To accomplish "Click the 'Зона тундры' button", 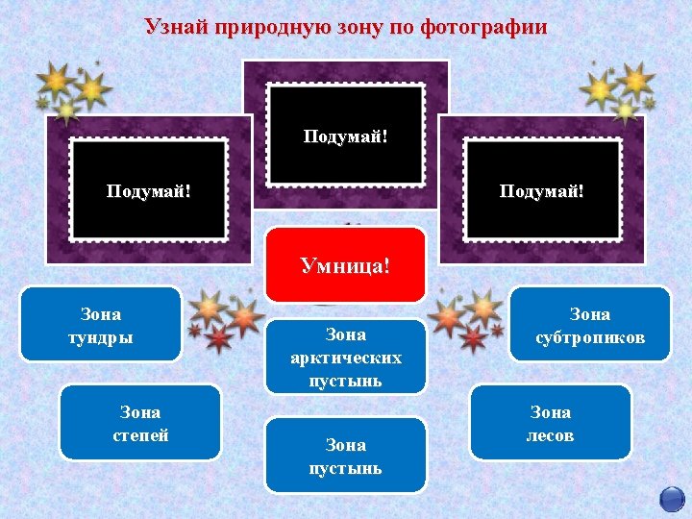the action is coord(101,324).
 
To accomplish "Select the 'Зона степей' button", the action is coord(140,423).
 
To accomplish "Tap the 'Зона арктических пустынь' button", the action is coord(346,358).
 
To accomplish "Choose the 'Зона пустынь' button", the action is coord(346,456).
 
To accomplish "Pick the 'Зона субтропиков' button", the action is coord(589,324).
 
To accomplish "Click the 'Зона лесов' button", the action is coord(551,423).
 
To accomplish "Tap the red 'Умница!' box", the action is coord(346,263).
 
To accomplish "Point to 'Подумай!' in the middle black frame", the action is coord(346,136).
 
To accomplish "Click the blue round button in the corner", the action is coord(672,500).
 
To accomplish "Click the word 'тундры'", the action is coord(101,337).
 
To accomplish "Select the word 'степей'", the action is coord(140,435).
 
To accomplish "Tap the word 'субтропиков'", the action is coord(590,337).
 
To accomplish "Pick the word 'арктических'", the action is coord(346,358).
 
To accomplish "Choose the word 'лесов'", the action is coord(551,435).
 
